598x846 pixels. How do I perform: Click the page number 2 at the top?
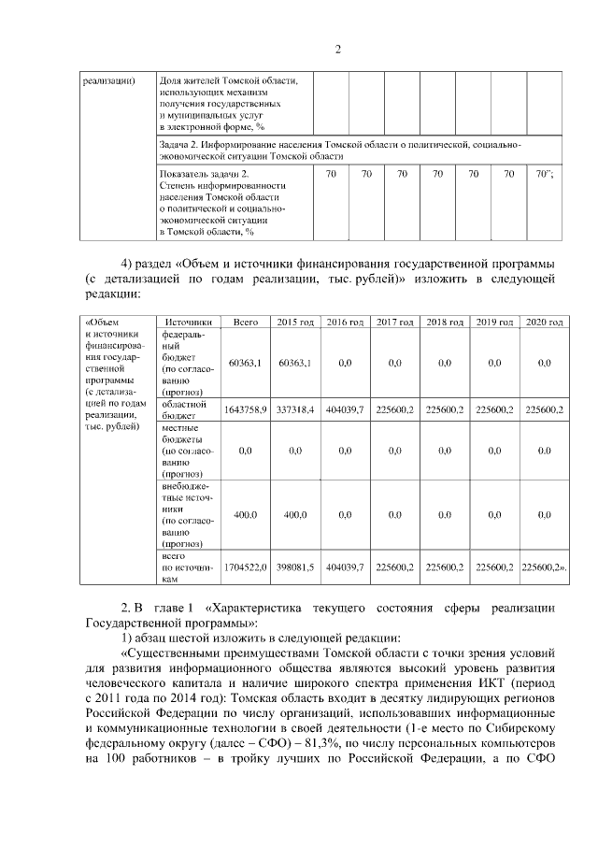tap(337, 49)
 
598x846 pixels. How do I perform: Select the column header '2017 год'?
tap(394, 322)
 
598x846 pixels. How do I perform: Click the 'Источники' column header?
tap(188, 322)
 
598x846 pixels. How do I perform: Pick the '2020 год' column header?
tap(544, 322)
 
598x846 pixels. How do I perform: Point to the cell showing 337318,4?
tap(294, 409)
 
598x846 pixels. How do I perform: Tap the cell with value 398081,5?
tap(294, 566)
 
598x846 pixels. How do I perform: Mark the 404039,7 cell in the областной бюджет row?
tap(344, 409)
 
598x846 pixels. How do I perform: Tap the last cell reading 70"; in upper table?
tap(544, 174)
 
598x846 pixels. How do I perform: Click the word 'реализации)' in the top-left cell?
tap(108, 80)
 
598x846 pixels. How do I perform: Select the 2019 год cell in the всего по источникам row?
tap(494, 566)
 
